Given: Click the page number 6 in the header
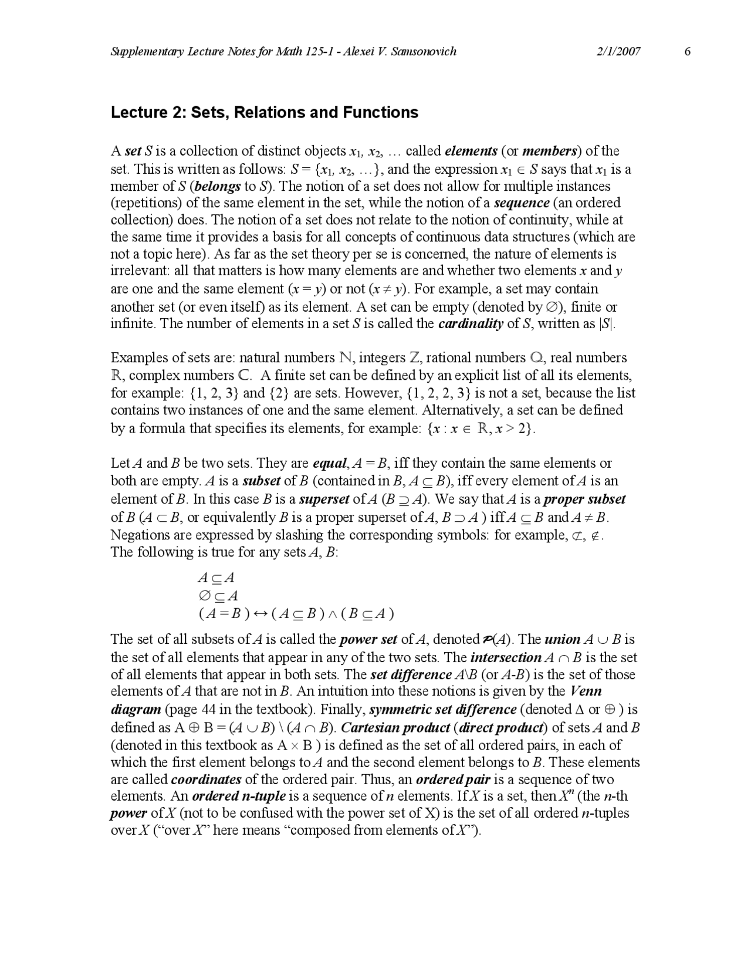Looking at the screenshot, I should click(x=688, y=51).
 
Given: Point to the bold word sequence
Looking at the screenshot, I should click(x=522, y=203).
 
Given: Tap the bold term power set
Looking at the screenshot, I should click(x=368, y=639).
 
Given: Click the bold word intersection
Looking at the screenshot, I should click(x=506, y=657).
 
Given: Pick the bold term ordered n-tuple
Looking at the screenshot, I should click(x=239, y=797).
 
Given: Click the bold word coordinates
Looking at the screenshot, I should click(x=206, y=779).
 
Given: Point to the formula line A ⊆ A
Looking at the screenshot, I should click(x=216, y=578).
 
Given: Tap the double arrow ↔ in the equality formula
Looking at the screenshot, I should click(x=259, y=614).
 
